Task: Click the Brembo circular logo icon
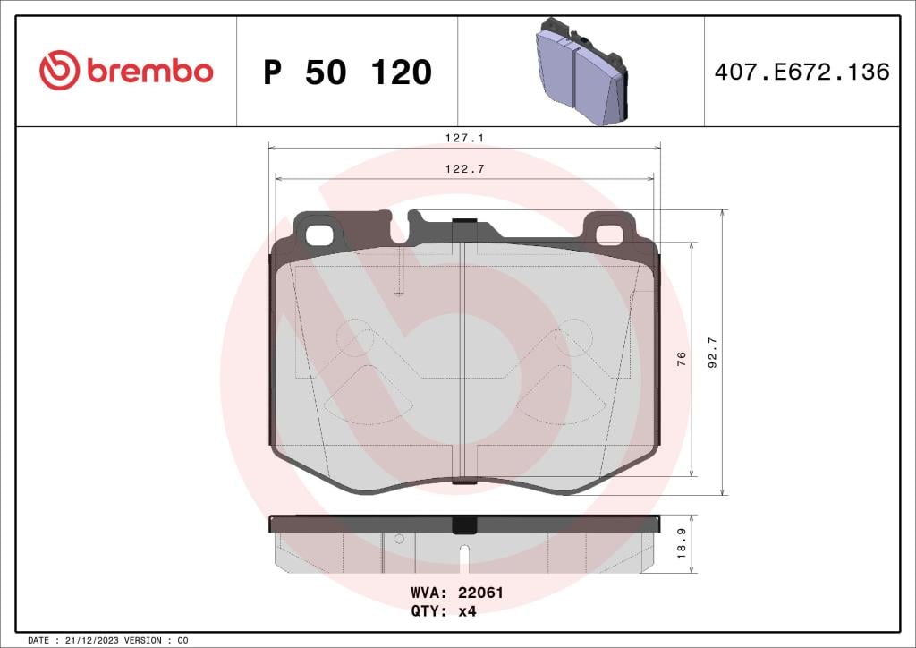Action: coord(59,71)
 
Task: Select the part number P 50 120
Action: coord(347,72)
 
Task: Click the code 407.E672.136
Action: coord(801,72)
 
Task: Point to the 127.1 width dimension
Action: coord(464,139)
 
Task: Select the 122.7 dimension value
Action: coord(464,169)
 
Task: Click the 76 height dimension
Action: coord(682,358)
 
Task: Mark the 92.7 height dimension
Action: coord(712,352)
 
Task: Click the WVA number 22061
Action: coord(480,593)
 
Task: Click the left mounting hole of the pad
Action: coord(318,234)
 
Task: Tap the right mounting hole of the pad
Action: coord(609,234)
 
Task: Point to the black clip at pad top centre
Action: coord(464,224)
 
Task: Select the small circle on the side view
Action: coord(399,539)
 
